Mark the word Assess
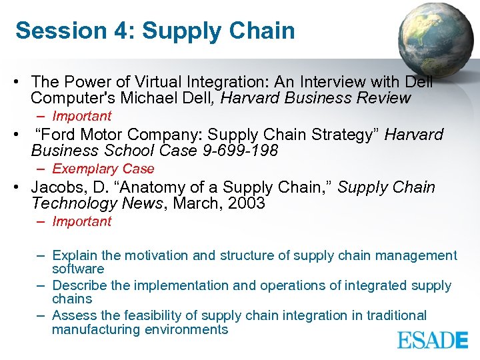[71, 315]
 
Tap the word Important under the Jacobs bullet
[82, 221]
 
